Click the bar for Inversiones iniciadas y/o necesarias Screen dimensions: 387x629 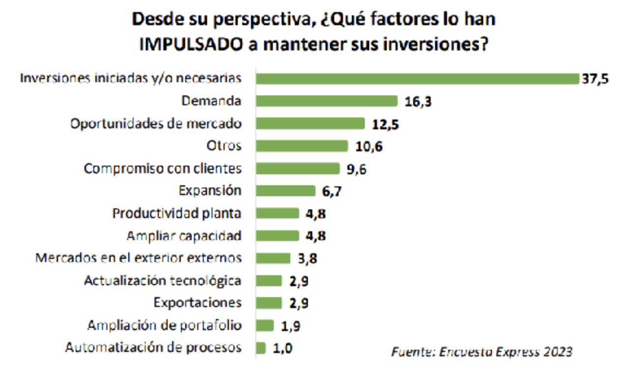[418, 79]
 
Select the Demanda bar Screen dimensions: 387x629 [327, 101]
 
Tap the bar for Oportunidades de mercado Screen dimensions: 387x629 [311, 123]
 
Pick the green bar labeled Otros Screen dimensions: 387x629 [302, 146]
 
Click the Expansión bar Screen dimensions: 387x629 [286, 191]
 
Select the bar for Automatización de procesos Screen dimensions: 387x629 [261, 348]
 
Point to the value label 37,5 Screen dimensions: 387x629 [595, 79]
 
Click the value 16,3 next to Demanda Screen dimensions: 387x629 [418, 102]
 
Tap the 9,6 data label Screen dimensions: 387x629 [356, 169]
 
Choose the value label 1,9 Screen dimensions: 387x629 [290, 326]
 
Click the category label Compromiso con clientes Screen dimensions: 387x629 [163, 169]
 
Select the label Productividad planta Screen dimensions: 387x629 [177, 213]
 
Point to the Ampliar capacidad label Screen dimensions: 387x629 [184, 236]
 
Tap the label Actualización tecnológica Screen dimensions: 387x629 [163, 281]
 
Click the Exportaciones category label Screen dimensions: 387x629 [198, 303]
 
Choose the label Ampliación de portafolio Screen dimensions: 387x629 [165, 326]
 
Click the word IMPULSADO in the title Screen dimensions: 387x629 [191, 44]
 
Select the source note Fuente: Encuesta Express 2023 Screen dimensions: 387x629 [482, 352]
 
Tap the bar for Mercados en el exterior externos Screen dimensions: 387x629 [273, 258]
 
